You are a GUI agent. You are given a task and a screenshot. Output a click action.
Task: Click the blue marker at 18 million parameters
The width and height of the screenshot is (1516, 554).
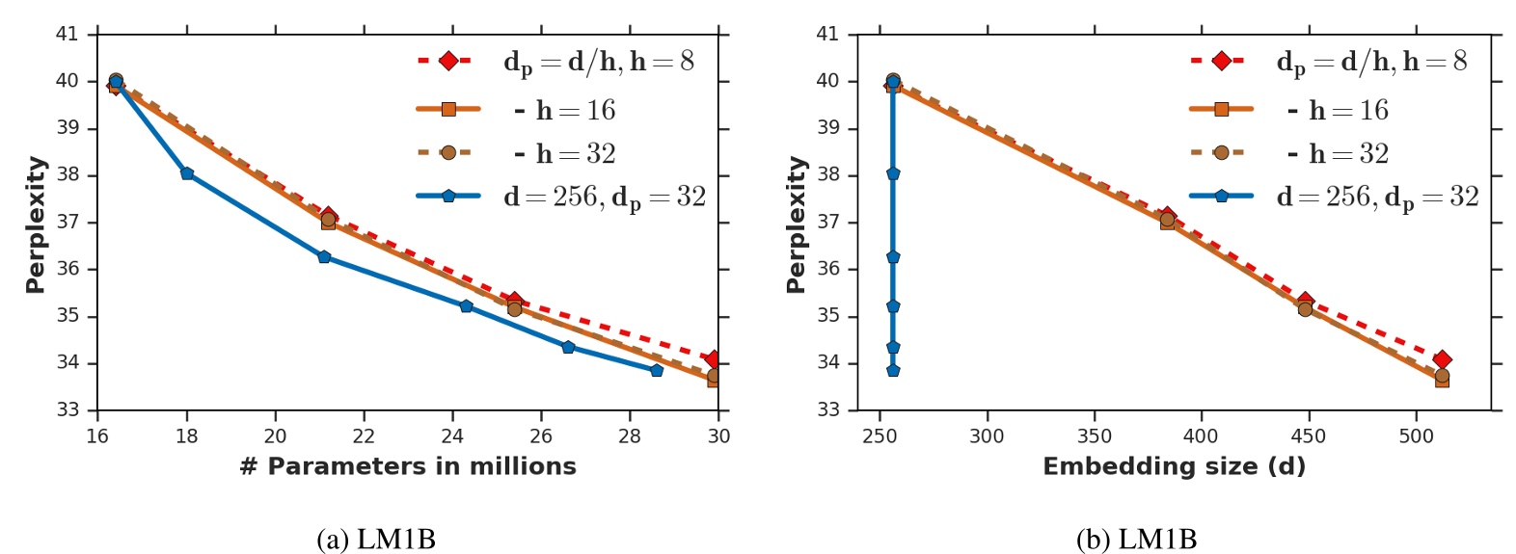(187, 173)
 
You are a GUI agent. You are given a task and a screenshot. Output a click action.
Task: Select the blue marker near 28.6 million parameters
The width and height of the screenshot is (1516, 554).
(657, 370)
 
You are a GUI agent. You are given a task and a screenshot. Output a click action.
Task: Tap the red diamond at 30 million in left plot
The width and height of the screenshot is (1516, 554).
(713, 359)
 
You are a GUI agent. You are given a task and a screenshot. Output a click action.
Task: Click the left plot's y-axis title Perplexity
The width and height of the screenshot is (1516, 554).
(36, 224)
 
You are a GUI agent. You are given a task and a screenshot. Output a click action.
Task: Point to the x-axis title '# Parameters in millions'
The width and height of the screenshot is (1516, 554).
(407, 466)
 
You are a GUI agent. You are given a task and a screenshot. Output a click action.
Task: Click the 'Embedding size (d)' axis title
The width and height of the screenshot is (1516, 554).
(1174, 466)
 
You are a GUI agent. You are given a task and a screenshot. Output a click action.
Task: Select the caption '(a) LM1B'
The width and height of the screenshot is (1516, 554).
(376, 540)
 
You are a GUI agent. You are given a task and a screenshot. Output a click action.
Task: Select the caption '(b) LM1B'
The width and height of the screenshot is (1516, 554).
(1137, 540)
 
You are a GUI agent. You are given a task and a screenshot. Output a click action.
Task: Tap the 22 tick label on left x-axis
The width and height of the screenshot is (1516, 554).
(364, 436)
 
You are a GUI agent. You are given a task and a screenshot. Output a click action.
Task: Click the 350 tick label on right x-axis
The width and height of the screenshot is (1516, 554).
(1094, 436)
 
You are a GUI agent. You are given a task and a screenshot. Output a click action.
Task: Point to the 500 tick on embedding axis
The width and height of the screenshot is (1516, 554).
(1416, 436)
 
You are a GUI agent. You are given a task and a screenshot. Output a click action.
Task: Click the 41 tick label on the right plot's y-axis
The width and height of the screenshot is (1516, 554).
(827, 35)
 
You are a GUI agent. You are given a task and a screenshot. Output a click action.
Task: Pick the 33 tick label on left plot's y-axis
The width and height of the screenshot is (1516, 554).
(67, 410)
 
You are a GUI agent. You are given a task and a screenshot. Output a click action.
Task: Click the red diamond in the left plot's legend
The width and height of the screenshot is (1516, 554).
(448, 61)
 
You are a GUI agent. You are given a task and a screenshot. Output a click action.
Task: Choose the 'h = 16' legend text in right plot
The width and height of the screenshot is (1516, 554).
(1348, 111)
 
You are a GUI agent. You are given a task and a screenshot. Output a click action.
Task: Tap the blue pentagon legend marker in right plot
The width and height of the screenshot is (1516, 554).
(1221, 196)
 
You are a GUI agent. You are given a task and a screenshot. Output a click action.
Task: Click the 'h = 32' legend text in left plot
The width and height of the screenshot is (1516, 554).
(576, 153)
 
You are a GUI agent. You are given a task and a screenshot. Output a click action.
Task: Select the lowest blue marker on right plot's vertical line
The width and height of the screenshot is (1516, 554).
(893, 370)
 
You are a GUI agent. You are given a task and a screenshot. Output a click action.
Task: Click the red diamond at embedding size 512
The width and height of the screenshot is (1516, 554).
(1442, 359)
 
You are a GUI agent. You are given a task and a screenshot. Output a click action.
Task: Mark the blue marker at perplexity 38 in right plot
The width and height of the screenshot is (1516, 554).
(893, 173)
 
